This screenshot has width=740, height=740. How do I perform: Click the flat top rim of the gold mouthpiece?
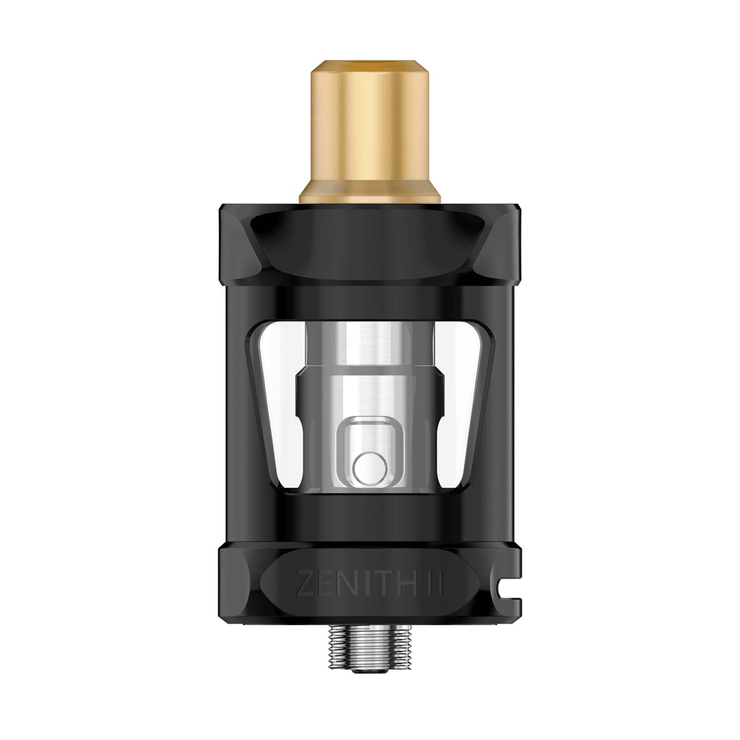click(x=369, y=66)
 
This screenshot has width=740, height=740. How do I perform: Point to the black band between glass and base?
click(x=369, y=517)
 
